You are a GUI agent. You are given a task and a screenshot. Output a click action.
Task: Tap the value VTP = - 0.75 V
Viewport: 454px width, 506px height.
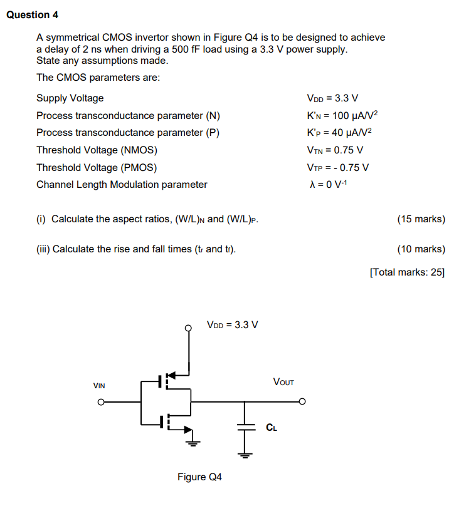(x=338, y=167)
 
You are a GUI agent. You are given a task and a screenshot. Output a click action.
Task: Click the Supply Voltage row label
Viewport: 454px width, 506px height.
(x=70, y=98)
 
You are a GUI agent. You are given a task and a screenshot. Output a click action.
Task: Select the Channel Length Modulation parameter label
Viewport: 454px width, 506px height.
(x=122, y=185)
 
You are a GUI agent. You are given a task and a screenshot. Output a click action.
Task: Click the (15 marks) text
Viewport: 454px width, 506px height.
(x=421, y=219)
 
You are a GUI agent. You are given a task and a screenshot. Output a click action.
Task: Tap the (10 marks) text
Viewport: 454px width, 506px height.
(x=421, y=249)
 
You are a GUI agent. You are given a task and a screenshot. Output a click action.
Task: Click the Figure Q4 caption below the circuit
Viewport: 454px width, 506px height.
(x=199, y=478)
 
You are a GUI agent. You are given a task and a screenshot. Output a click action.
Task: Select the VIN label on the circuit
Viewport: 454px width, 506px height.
(x=99, y=386)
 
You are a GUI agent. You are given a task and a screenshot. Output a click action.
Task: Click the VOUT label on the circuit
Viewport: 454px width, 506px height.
(x=283, y=381)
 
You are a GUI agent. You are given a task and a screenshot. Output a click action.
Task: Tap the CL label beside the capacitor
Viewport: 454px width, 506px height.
(x=271, y=428)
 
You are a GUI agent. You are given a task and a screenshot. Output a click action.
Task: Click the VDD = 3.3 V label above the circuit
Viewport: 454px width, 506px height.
(x=233, y=325)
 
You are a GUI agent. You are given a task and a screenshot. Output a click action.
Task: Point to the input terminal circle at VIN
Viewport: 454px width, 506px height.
(x=99, y=402)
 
